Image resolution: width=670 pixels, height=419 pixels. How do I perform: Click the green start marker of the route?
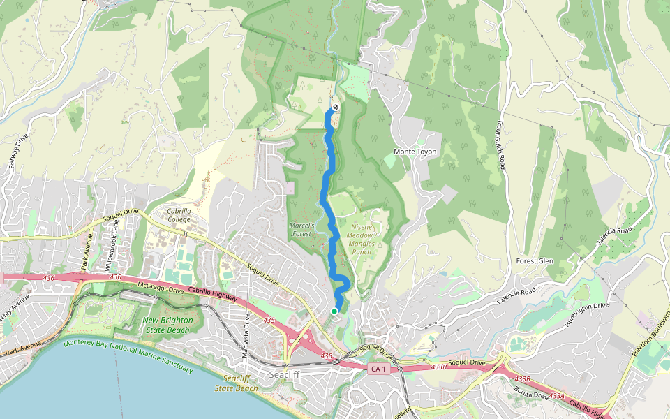pyautogui.click(x=334, y=311)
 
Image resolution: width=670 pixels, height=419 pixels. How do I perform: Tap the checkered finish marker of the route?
pyautogui.click(x=335, y=107)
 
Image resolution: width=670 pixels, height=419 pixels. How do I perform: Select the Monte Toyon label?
pyautogui.click(x=415, y=152)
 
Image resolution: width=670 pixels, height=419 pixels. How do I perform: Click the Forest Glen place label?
pyautogui.click(x=535, y=261)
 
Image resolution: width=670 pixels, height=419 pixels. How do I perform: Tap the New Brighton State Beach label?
pyautogui.click(x=166, y=325)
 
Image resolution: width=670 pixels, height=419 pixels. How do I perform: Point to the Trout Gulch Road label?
pyautogui.click(x=500, y=143)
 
